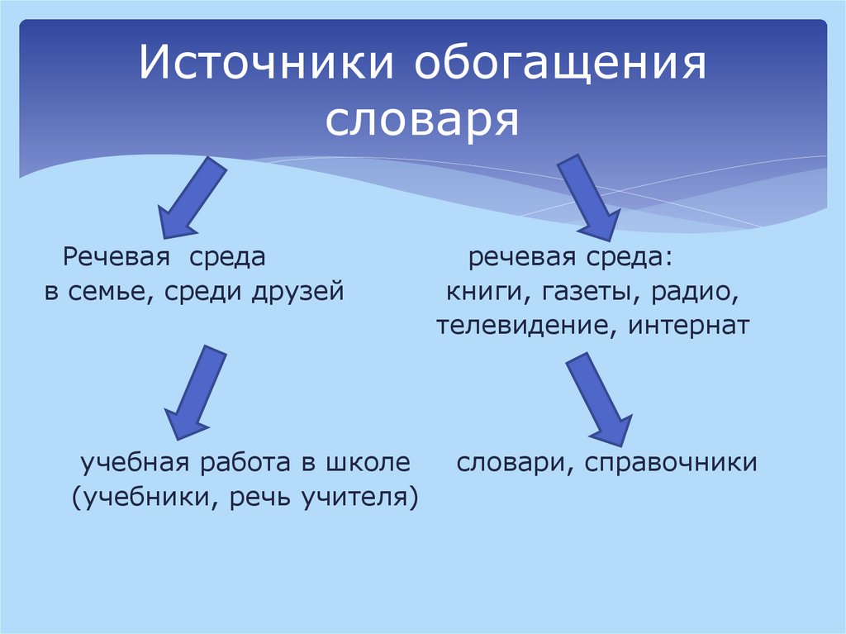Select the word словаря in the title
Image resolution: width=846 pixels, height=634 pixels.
coord(421,121)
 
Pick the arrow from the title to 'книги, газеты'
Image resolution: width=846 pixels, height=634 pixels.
coord(590,197)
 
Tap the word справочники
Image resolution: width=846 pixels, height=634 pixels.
coord(672,463)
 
